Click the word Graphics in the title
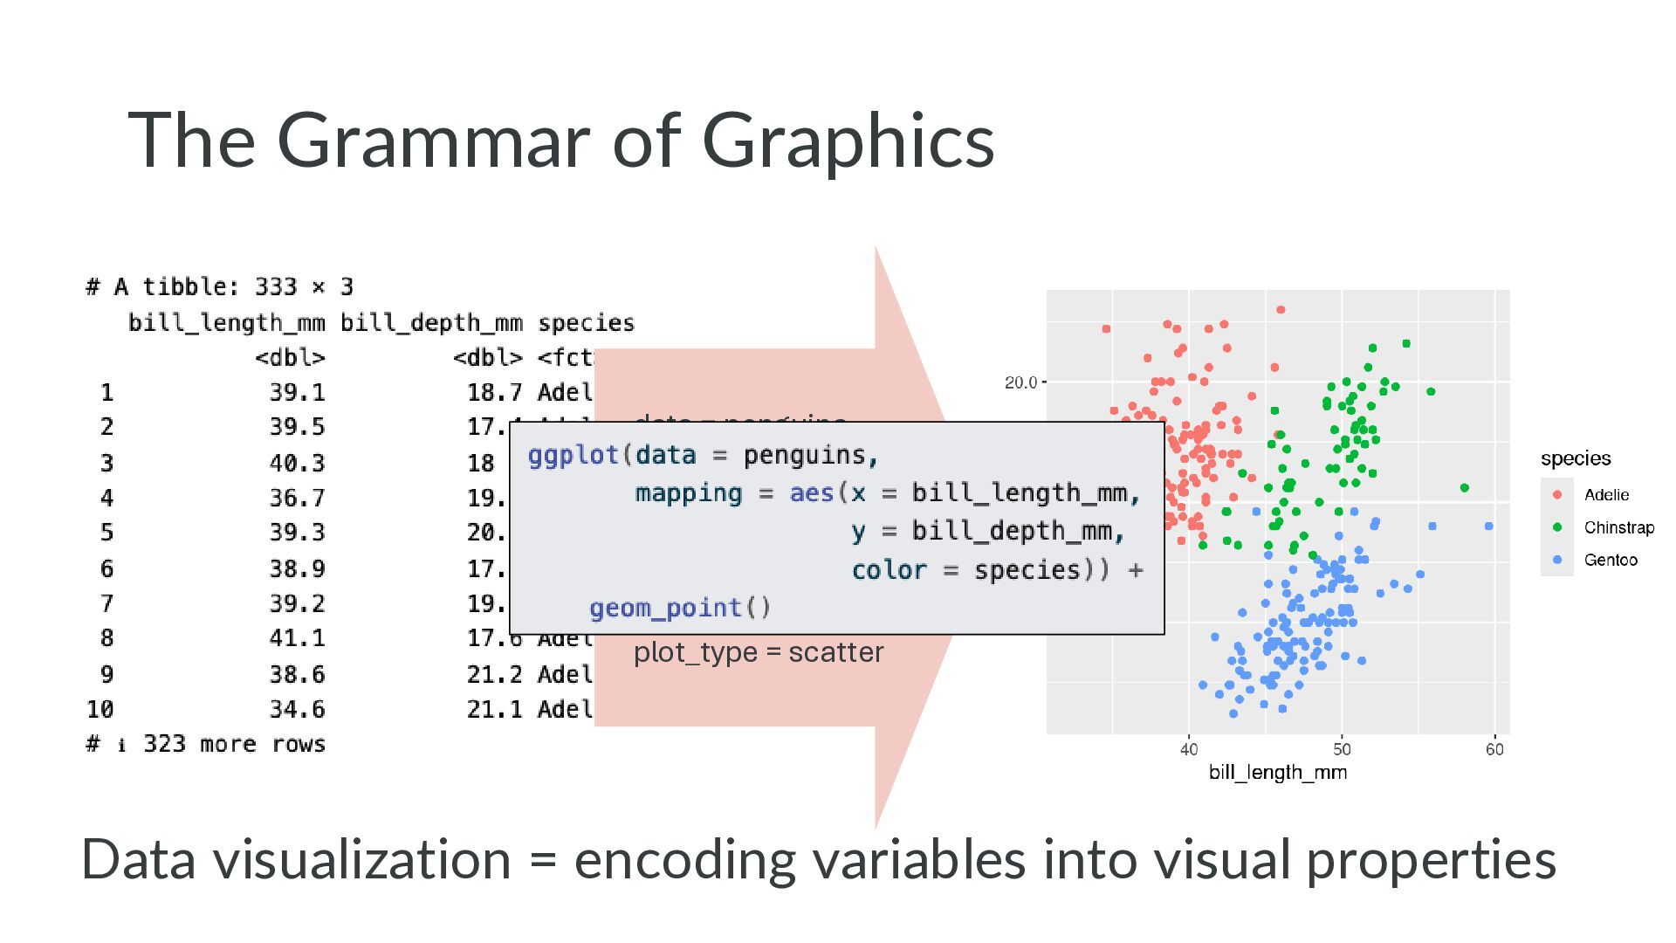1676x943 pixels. [x=848, y=141]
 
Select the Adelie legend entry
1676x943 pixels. [x=1606, y=495]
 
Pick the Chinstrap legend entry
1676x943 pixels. [x=1618, y=527]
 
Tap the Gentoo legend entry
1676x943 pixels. [x=1611, y=560]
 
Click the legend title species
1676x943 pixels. [x=1576, y=458]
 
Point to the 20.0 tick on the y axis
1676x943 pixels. [x=1020, y=382]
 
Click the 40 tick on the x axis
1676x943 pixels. [x=1189, y=749]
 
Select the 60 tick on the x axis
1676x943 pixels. [x=1494, y=749]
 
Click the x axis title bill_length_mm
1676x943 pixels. [x=1277, y=773]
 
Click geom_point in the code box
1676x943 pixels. [x=665, y=608]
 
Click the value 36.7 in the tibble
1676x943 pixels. [x=297, y=498]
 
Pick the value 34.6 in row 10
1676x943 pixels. [x=297, y=709]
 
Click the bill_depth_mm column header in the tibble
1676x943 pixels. [x=431, y=323]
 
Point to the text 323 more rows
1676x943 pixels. [x=234, y=744]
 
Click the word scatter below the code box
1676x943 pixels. [x=835, y=652]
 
